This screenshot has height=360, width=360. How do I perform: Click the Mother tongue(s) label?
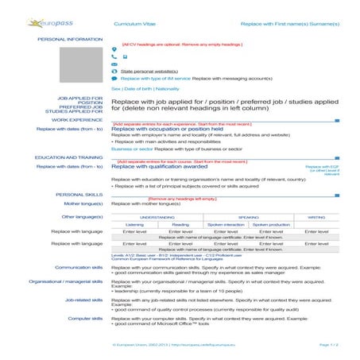(83, 203)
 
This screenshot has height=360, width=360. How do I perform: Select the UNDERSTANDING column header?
(157, 216)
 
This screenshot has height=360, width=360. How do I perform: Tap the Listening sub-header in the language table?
(135, 224)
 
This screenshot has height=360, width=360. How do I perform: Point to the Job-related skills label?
(83, 300)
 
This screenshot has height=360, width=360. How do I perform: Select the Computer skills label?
(85, 318)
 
